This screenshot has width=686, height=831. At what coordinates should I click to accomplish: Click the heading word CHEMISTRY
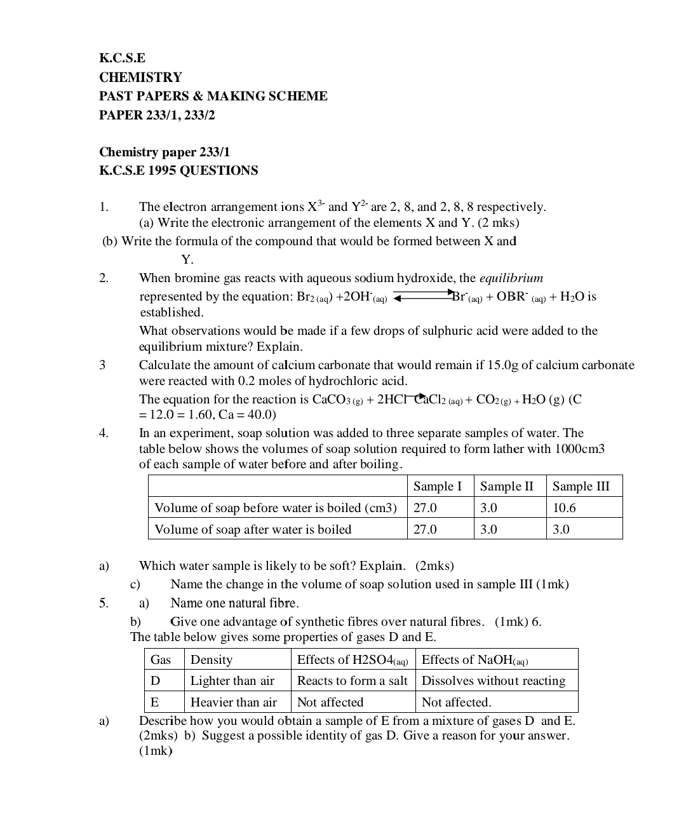click(x=140, y=78)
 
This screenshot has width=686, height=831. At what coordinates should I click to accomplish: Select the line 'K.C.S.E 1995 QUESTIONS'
click(x=178, y=170)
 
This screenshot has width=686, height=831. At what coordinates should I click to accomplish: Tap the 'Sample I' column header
click(x=438, y=486)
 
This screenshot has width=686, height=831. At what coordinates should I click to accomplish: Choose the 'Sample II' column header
click(x=507, y=486)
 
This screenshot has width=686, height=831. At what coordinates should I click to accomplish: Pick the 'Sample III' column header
click(x=581, y=486)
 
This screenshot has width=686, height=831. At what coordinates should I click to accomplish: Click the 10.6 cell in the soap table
click(x=564, y=508)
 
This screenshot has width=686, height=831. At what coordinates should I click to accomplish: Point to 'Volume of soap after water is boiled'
click(x=253, y=529)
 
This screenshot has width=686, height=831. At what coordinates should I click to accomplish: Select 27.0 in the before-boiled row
click(x=425, y=508)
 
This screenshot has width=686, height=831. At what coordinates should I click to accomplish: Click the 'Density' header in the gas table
click(x=212, y=659)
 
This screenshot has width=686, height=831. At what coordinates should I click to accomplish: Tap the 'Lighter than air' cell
click(x=232, y=680)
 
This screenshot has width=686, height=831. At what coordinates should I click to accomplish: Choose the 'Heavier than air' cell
click(x=234, y=702)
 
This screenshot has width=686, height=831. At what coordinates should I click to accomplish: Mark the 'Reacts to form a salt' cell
click(x=352, y=680)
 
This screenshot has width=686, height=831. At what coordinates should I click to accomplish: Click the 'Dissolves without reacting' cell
click(x=494, y=680)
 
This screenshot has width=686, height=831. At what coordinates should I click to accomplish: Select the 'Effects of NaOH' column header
click(x=475, y=659)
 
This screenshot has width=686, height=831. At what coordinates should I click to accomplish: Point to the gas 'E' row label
click(x=154, y=702)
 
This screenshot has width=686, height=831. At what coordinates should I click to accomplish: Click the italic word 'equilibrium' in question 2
click(x=511, y=278)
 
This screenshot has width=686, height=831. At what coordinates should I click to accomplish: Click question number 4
click(x=104, y=433)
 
